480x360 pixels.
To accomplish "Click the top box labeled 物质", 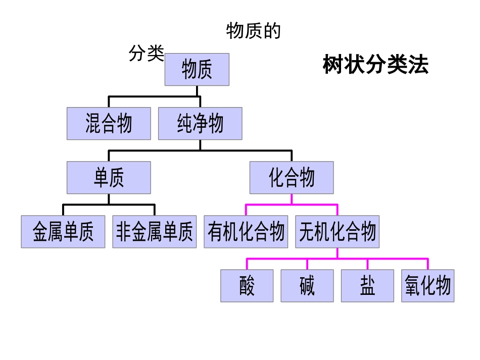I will [197, 70].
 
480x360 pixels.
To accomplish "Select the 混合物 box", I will [109, 124].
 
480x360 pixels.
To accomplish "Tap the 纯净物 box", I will [200, 124].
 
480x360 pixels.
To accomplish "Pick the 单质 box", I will [109, 178].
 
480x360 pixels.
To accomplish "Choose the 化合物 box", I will [292, 178].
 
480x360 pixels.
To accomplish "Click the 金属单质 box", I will [63, 232].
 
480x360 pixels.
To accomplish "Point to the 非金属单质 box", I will [155, 232].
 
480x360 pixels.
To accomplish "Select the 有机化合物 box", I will [246, 232].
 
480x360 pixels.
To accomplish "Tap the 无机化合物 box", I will [337, 232].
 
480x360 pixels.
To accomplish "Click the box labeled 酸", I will [247, 286].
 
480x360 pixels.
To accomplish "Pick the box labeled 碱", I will [307, 286].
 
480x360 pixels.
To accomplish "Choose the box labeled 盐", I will [367, 286].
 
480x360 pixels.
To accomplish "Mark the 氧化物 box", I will [428, 286].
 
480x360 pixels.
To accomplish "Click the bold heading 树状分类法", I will [375, 65].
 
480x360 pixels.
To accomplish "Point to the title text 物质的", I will [253, 31].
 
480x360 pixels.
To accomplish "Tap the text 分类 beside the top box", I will [147, 53].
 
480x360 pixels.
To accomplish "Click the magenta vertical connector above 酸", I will [247, 264].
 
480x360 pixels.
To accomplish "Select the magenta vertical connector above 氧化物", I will [428, 264].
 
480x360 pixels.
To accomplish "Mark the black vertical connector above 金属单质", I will [63, 210].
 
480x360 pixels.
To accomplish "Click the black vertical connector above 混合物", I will [109, 101].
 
